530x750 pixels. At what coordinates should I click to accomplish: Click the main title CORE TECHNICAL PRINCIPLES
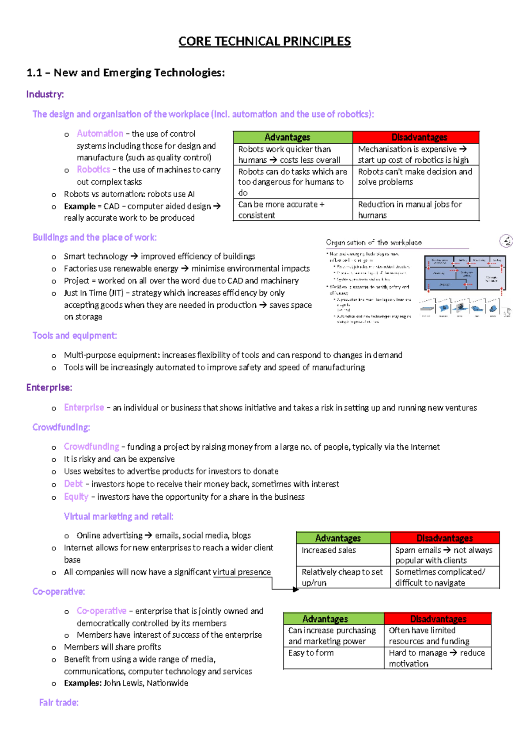pyautogui.click(x=265, y=42)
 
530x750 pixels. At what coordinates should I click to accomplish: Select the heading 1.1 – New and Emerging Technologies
pyautogui.click(x=125, y=73)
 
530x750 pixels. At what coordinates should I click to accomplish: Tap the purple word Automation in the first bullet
pyautogui.click(x=100, y=134)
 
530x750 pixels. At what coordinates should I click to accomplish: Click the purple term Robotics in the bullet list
pyautogui.click(x=93, y=169)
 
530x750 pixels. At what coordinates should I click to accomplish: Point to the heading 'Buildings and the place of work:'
pyautogui.click(x=95, y=237)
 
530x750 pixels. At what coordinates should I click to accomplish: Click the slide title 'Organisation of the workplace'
pyautogui.click(x=374, y=242)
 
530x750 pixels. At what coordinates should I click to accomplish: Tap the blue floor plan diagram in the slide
pyautogui.click(x=465, y=273)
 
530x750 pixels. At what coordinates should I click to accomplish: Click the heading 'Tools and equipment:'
pyautogui.click(x=75, y=336)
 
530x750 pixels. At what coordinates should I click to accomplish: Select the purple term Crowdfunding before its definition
pyautogui.click(x=91, y=447)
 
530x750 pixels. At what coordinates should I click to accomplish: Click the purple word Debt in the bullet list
pyautogui.click(x=73, y=484)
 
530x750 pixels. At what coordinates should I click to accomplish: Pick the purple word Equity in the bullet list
pyautogui.click(x=76, y=497)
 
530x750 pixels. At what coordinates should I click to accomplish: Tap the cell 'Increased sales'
pyautogui.click(x=329, y=550)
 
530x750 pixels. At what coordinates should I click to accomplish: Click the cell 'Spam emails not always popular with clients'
pyautogui.click(x=444, y=555)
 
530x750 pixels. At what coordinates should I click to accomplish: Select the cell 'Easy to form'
pyautogui.click(x=311, y=653)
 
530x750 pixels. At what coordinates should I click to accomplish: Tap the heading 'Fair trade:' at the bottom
pyautogui.click(x=59, y=702)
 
